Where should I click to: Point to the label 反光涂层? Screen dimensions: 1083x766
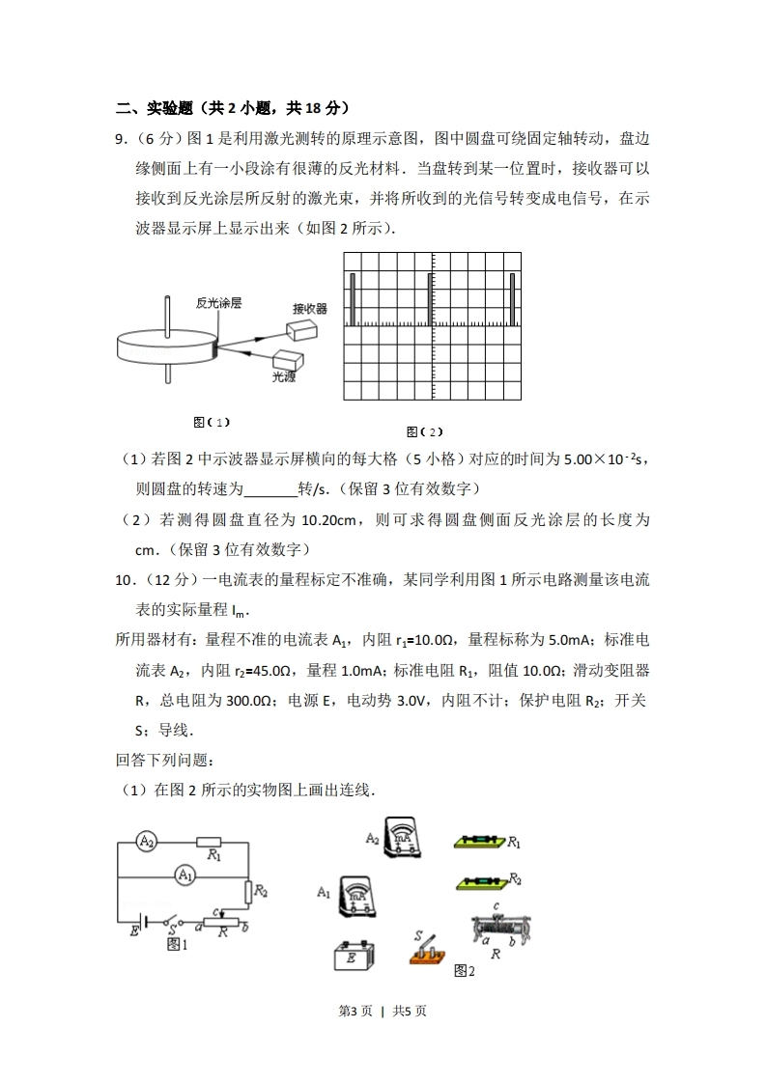click(218, 303)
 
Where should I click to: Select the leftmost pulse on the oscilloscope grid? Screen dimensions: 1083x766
click(353, 299)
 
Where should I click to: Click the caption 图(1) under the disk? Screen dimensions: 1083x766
click(212, 422)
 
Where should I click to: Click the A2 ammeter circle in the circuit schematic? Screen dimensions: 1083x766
click(147, 842)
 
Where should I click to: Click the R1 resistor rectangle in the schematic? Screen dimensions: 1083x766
click(210, 842)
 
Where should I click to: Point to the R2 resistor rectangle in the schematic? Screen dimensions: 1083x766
click(248, 891)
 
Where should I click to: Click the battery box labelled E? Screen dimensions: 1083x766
click(353, 957)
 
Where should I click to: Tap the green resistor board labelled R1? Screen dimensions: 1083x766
click(480, 842)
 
